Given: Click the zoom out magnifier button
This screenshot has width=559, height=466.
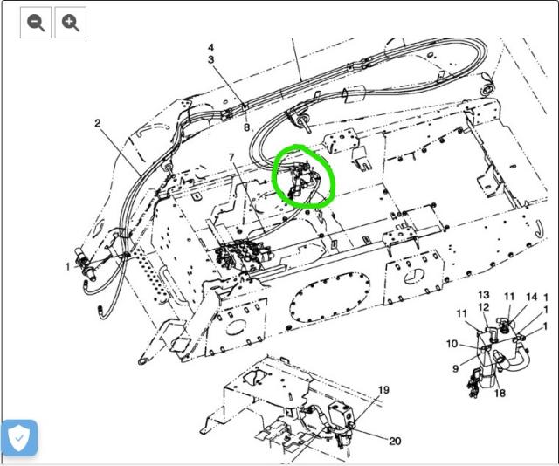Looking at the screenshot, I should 37,23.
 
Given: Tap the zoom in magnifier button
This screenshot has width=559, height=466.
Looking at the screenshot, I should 71,23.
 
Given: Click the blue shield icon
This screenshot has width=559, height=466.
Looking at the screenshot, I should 19,437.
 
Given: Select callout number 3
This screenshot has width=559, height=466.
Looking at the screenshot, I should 210,59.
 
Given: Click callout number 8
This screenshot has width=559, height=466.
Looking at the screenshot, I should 247,127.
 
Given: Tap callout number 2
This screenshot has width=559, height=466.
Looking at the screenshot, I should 98,123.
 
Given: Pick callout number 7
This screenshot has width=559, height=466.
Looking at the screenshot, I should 231,157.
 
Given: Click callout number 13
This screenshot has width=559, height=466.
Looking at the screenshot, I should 483,296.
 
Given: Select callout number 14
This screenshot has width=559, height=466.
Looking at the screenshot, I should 531,298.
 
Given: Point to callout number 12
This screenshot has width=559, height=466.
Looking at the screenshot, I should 483,307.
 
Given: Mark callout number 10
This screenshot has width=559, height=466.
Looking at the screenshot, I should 452,344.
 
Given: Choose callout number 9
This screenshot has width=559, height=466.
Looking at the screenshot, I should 455,367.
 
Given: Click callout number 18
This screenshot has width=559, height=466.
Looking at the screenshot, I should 500,394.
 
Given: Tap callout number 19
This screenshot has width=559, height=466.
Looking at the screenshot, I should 383,389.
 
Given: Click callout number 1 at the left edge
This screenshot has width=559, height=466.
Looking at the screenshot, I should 67,266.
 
